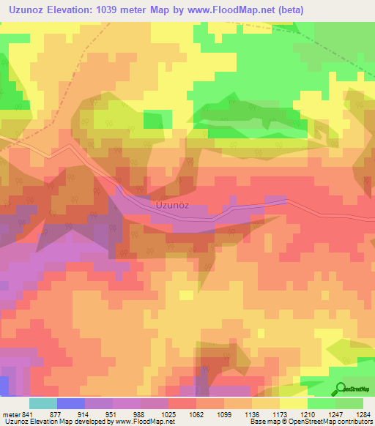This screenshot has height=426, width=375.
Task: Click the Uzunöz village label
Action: click(173, 206)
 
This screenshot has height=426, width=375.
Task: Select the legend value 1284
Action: click(363, 414)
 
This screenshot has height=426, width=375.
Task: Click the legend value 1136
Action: click(252, 414)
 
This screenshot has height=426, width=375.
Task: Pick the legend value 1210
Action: click(308, 414)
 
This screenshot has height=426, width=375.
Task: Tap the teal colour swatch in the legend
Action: click(42, 403)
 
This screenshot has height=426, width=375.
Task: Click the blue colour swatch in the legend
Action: click(70, 403)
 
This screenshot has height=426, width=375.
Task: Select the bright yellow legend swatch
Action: click(293, 403)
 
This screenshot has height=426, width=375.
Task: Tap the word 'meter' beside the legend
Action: click(12, 414)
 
